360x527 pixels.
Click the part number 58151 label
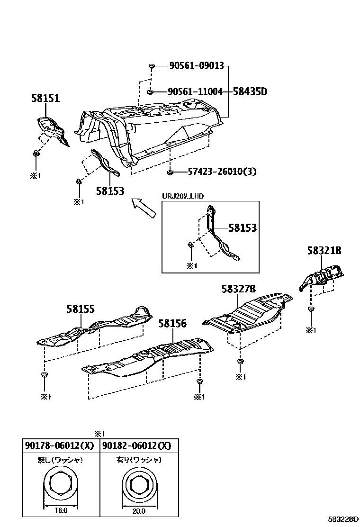coord(45,99)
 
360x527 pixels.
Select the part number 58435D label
coord(249,92)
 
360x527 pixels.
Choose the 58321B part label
coord(324,251)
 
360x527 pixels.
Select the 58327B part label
coord(239,289)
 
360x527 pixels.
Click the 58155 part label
coord(80,309)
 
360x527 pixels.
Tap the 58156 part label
coord(172,324)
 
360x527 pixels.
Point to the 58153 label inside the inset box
coord(242,228)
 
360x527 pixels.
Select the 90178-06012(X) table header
coord(59,446)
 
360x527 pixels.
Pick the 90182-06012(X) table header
coord(136,446)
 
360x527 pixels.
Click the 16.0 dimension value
coord(61,511)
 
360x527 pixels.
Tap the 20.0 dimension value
coord(138,511)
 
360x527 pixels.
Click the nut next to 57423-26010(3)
coord(171,172)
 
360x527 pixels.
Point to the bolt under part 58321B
coord(310,309)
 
